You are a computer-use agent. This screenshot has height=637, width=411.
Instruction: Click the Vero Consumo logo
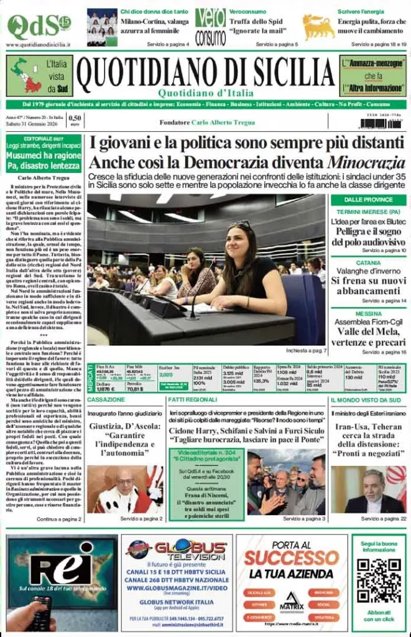click(x=210, y=27)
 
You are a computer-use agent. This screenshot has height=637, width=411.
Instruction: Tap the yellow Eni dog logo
click(x=318, y=27)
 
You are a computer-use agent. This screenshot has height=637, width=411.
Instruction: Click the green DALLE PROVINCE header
click(x=368, y=200)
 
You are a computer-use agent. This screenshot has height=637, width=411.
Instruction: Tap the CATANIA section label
click(x=368, y=263)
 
